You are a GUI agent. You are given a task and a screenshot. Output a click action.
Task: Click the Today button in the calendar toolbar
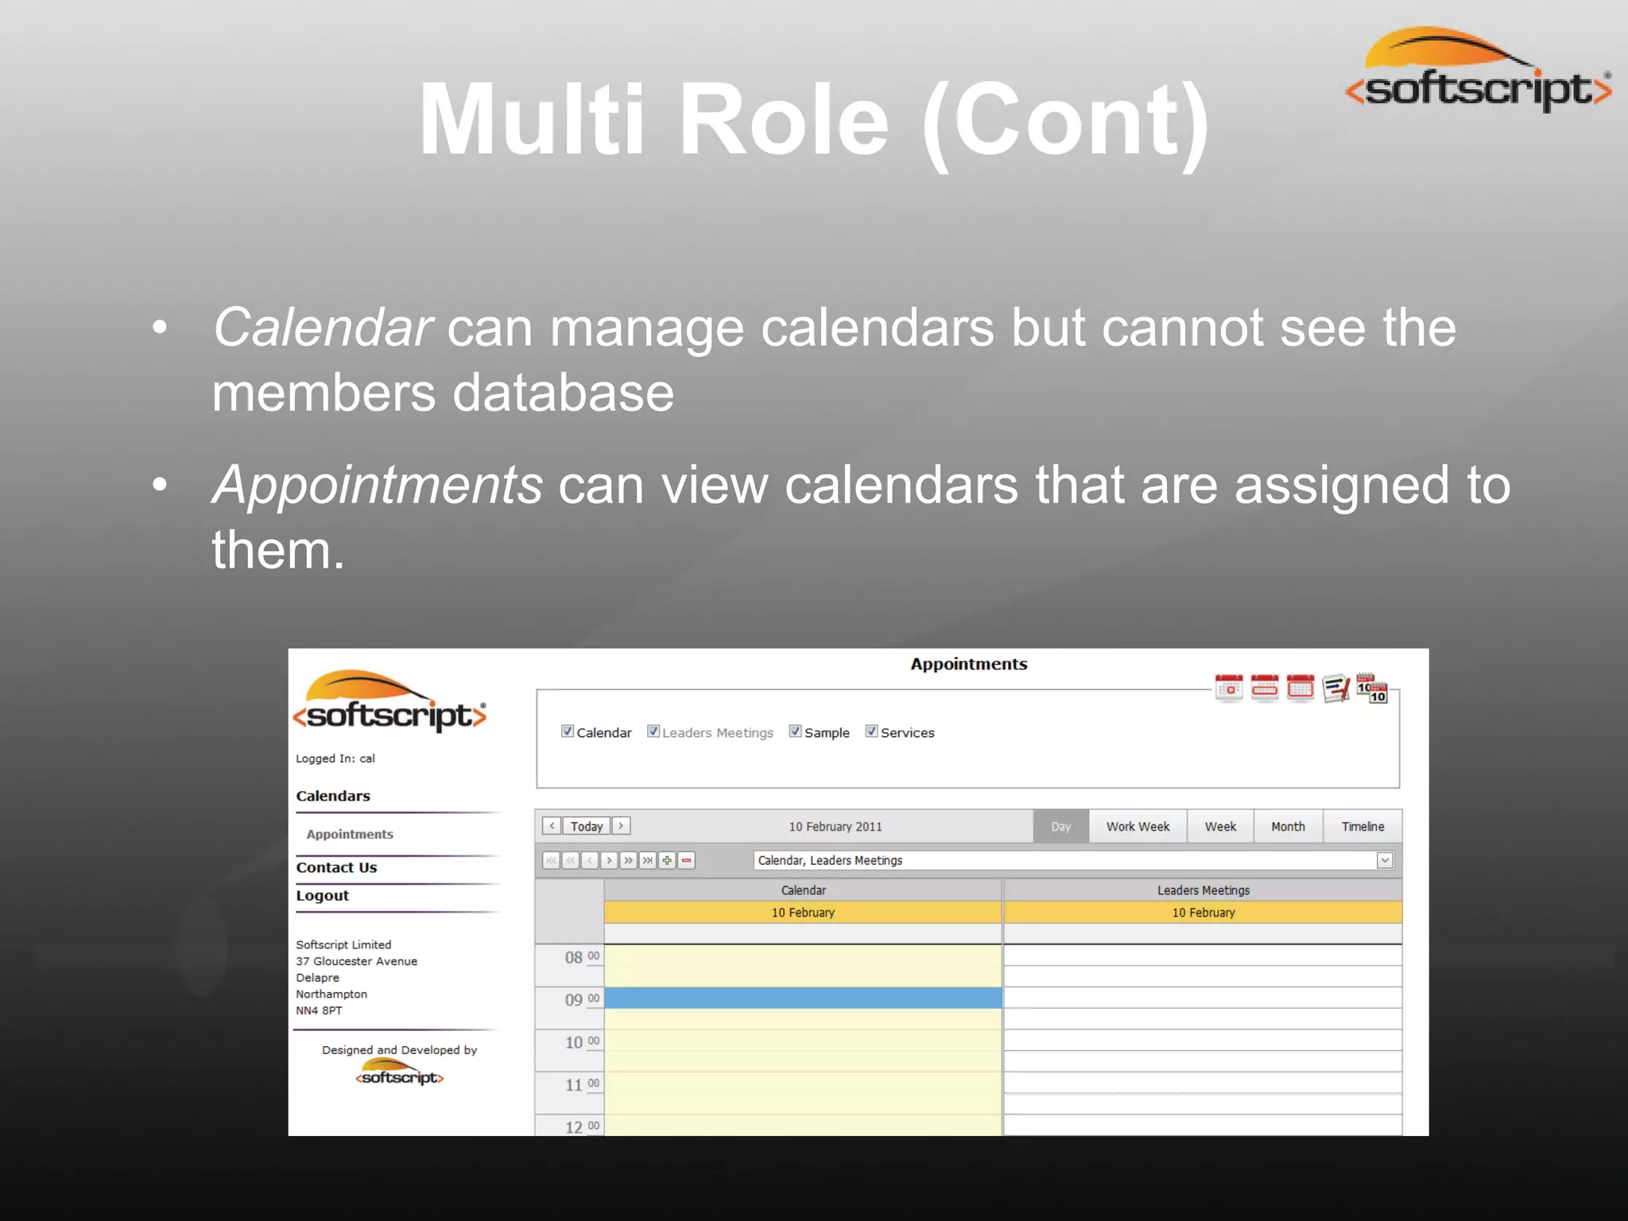point(586,826)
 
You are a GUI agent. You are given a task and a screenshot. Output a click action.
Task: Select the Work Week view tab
point(1138,826)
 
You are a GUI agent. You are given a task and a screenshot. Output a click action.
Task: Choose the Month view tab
point(1288,826)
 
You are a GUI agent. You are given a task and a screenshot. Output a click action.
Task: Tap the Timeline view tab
point(1362,826)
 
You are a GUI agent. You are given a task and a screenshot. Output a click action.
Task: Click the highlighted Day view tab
point(1060,826)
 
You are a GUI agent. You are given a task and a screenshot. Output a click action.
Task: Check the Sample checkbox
point(795,731)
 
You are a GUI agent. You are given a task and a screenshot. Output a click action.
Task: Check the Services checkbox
point(871,731)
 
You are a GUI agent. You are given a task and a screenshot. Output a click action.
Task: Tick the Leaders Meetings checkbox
point(653,731)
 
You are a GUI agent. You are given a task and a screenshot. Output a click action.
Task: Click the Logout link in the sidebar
point(322,895)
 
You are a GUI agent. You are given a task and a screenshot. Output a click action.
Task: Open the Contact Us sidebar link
point(336,867)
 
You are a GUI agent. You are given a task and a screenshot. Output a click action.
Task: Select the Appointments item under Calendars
point(350,834)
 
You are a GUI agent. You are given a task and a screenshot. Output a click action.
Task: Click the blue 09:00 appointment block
point(803,998)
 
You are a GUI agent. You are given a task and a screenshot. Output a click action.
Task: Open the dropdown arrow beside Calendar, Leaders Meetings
point(1385,860)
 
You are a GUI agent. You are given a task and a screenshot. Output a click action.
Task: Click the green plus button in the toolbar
point(667,860)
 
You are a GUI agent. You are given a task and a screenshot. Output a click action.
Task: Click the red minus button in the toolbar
point(687,860)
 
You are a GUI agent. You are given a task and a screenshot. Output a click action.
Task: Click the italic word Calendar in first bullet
point(322,327)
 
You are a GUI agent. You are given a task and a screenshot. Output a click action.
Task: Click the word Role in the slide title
point(783,121)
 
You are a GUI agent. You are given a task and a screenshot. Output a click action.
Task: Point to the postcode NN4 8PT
point(319,1010)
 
